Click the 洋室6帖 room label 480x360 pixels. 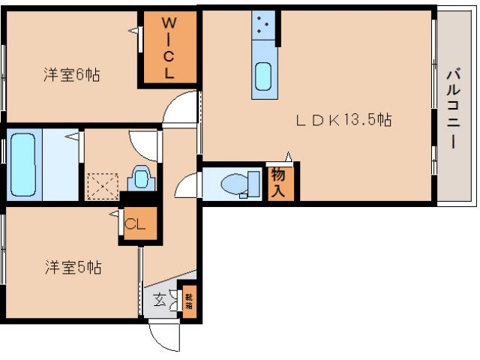(x=71, y=75)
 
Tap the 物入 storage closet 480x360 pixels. (x=278, y=183)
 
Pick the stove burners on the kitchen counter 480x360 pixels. (x=263, y=25)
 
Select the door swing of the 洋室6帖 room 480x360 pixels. (x=181, y=108)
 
